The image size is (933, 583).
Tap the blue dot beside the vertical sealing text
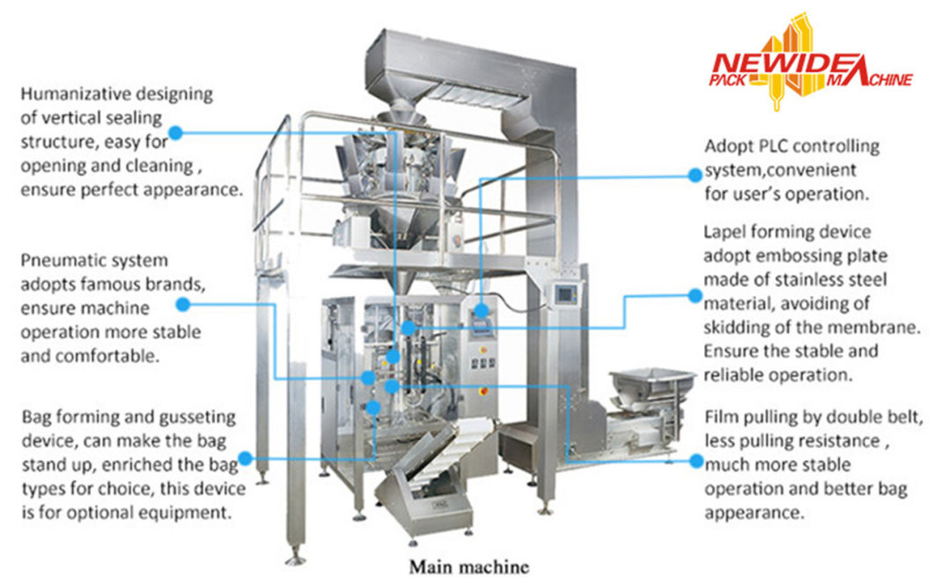tap(175, 133)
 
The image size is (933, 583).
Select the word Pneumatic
tap(60, 261)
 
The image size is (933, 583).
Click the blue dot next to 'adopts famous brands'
tap(183, 304)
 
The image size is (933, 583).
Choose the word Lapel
tap(724, 232)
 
